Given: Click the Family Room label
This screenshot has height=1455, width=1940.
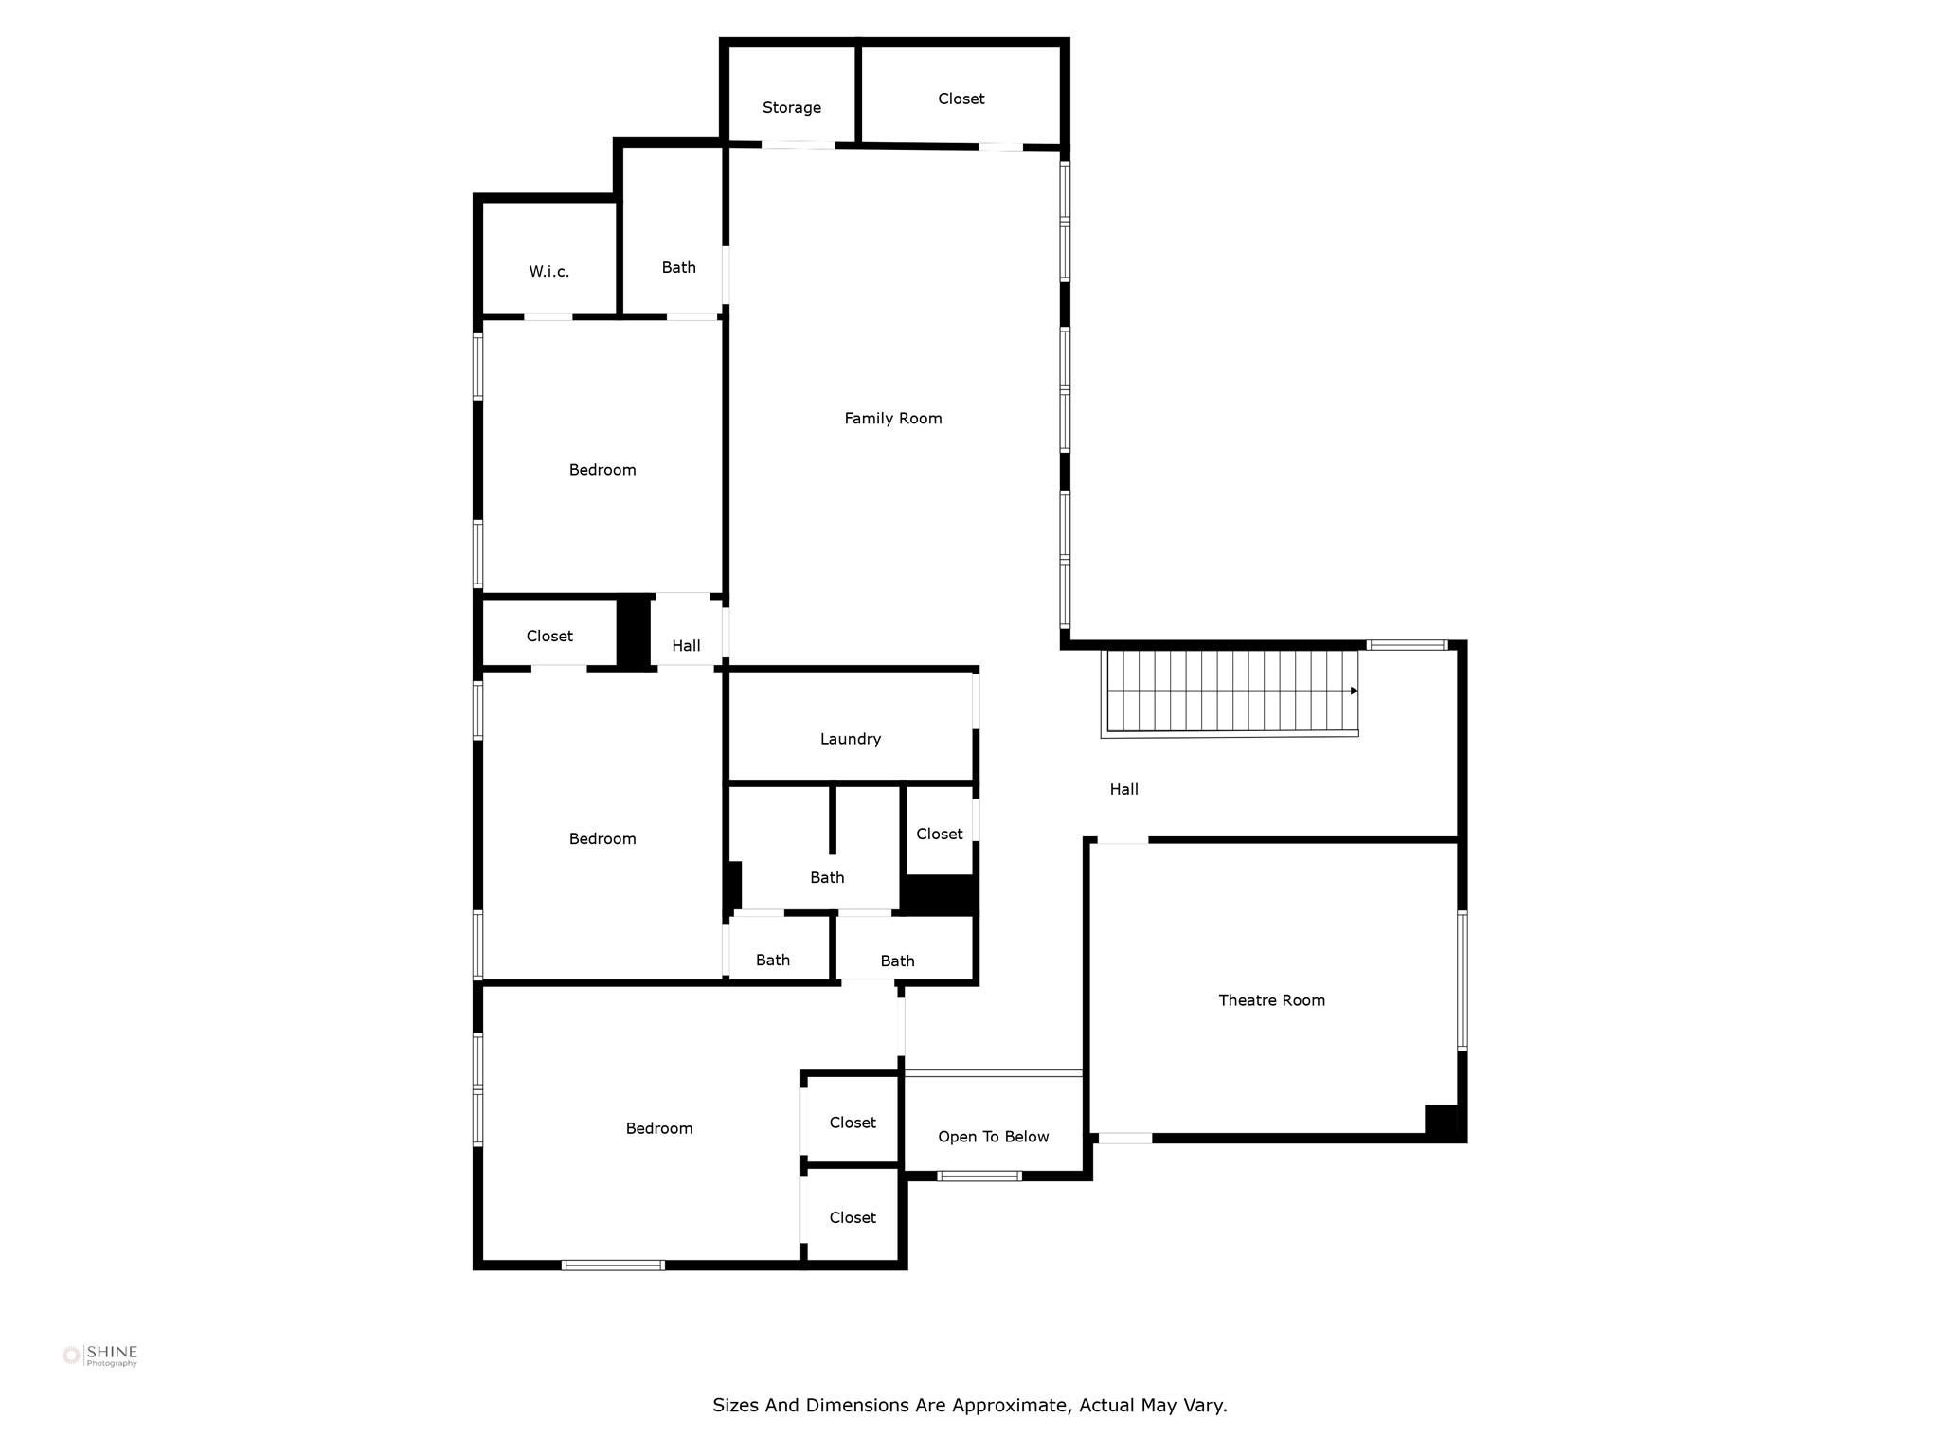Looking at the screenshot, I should point(892,418).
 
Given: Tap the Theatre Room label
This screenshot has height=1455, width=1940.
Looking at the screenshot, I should point(1271,1000).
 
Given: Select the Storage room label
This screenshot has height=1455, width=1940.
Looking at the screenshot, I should point(791,108).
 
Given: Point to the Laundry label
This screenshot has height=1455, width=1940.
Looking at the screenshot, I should point(850,739).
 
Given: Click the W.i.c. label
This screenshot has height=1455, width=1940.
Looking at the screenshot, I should point(548,272).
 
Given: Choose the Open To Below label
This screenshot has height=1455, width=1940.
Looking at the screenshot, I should point(993,1137).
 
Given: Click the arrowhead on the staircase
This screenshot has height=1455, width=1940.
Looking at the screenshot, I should point(1354,691).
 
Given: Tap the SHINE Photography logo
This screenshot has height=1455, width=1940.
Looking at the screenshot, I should point(100,1356).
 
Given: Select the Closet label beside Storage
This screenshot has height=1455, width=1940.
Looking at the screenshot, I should point(961,99).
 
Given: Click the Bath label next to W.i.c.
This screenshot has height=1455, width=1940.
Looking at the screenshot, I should point(678,268).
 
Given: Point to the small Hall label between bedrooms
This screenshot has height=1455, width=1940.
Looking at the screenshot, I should point(686,646).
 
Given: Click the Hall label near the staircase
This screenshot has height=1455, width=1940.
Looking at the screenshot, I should point(1123,789).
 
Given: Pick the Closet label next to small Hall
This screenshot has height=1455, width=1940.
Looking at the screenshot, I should point(549,637).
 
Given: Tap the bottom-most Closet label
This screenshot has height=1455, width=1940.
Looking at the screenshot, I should point(852,1218).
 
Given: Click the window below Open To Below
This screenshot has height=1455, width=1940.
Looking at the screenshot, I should point(979,1176).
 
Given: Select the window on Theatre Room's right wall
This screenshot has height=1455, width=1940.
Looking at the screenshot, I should point(1462,980).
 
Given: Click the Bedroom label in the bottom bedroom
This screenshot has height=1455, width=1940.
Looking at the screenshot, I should point(658,1128).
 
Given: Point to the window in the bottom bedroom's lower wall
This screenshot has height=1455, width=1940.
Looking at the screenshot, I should point(613,1265).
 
